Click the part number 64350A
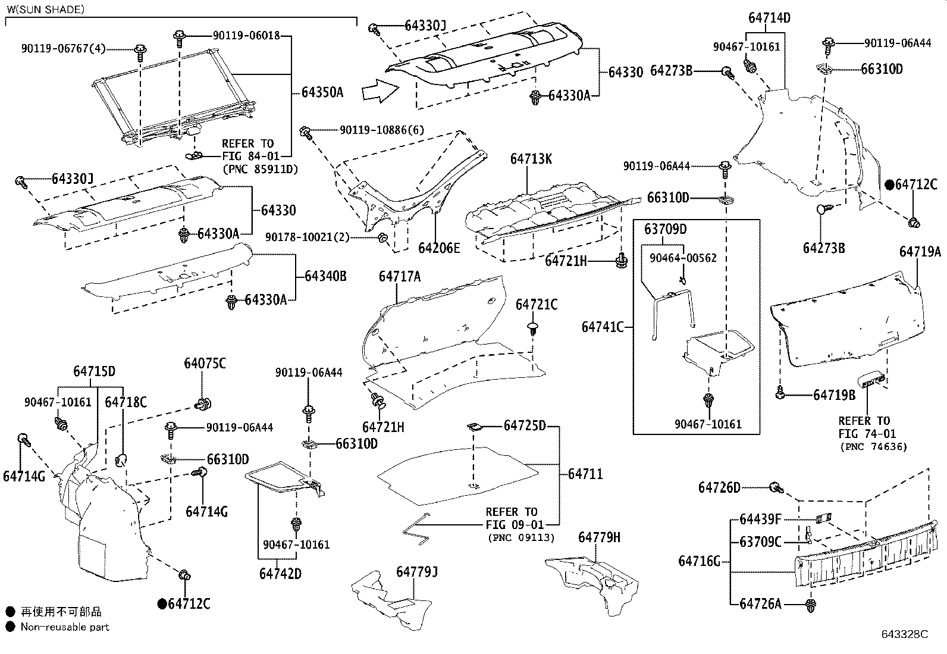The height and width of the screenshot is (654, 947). pos(322,92)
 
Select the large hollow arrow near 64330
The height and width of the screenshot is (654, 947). pos(380,90)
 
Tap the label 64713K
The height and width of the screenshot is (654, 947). pos(531,159)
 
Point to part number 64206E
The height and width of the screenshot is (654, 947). pos(439,248)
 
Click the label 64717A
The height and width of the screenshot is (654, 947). pos(399,276)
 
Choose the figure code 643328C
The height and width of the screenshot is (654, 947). pos(904,634)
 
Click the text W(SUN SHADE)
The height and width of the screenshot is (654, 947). pos(46,10)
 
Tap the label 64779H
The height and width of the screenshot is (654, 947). pos(599,538)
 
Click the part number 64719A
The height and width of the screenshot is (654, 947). pos(920,252)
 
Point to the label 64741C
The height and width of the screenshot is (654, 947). pos(602,327)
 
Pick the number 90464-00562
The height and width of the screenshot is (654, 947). pos(683,258)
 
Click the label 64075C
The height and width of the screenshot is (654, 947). pos(205,364)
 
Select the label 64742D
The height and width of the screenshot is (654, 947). pos(280,574)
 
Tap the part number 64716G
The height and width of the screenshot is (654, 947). pos(699,561)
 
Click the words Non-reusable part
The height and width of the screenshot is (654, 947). pos(65,627)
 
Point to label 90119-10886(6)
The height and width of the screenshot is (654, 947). pos(382,130)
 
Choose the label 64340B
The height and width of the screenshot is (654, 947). pos(325,276)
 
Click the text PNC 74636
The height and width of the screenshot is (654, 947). pos(873,447)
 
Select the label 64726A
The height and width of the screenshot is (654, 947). pos(760,604)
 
